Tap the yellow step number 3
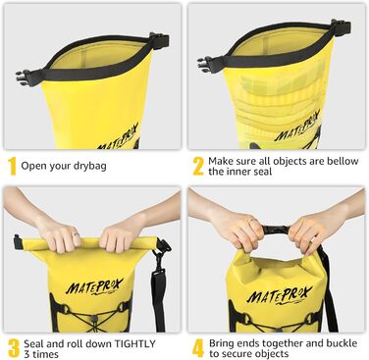pos(13,346)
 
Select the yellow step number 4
pos(197,346)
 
